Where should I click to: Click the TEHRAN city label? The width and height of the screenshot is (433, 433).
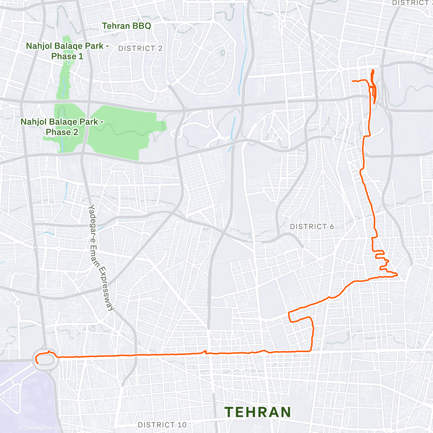tap(258, 412)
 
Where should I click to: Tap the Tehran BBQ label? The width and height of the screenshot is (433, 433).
tap(126, 26)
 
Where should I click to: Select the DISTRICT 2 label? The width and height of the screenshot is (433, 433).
tap(140, 48)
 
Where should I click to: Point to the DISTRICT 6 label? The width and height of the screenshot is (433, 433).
tap(312, 227)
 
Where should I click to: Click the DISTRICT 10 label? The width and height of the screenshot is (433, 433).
tap(162, 425)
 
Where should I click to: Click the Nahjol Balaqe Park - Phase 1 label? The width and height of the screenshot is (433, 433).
tap(67, 51)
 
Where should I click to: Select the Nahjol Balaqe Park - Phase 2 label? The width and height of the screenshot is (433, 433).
tap(62, 127)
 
